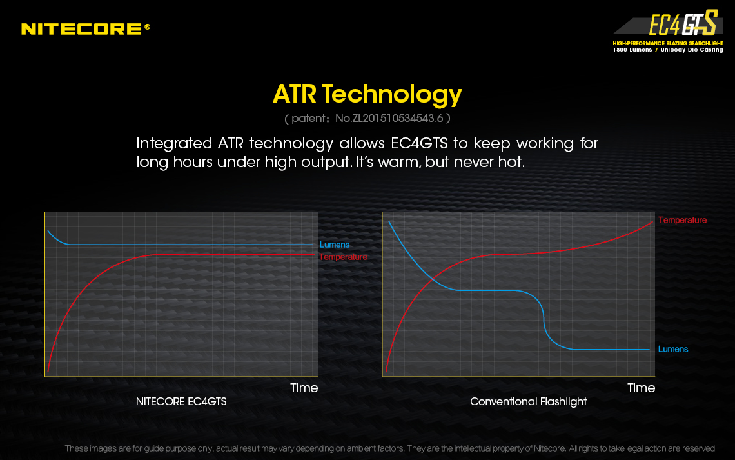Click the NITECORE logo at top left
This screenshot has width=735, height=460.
[86, 29]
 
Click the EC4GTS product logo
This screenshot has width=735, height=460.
[683, 23]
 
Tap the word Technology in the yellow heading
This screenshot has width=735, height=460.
[392, 94]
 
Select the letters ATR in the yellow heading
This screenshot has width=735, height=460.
[295, 94]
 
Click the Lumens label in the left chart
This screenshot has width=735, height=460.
[334, 245]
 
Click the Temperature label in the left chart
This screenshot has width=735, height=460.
[343, 257]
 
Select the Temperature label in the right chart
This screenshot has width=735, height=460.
[682, 221]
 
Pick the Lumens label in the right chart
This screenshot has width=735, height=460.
[673, 349]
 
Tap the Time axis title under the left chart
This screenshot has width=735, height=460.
[304, 388]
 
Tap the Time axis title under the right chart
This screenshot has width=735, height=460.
[642, 388]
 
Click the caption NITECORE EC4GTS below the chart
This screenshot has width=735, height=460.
[181, 401]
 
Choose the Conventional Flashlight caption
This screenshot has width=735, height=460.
[528, 402]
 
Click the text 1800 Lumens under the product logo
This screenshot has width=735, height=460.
[632, 50]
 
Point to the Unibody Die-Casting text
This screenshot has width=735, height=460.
[692, 50]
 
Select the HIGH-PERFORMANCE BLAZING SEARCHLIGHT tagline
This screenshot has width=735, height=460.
[668, 43]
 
